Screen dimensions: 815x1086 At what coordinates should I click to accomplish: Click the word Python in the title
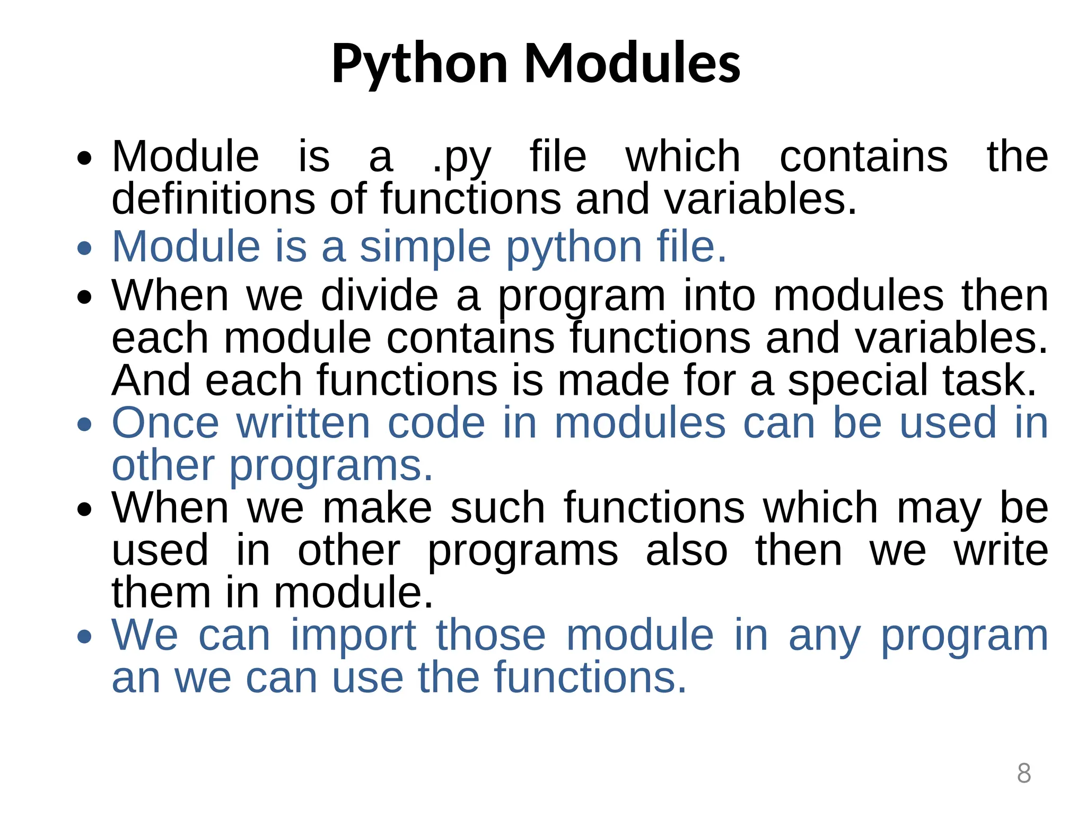tap(419, 64)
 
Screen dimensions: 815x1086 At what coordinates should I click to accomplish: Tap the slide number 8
tap(1023, 773)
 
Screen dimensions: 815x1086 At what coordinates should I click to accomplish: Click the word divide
tap(380, 296)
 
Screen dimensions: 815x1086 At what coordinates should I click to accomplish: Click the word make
tap(377, 508)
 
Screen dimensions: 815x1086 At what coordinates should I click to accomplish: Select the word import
tap(353, 636)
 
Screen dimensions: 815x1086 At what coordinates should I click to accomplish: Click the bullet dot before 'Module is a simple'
tap(84, 248)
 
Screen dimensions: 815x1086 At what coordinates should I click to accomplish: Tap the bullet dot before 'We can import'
tap(84, 636)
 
